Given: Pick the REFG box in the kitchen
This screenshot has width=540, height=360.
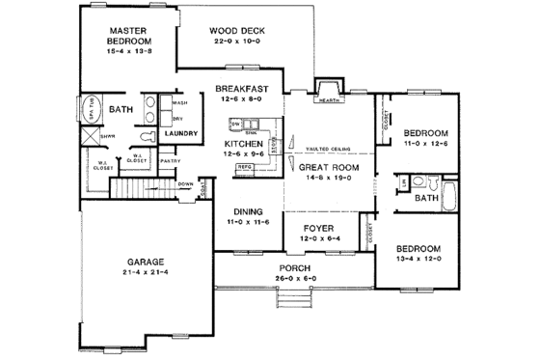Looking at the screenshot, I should coord(245,167).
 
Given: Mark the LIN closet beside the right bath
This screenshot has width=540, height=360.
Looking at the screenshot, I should coord(401,180).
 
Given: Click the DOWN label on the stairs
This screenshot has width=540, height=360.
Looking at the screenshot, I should coord(184,182).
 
